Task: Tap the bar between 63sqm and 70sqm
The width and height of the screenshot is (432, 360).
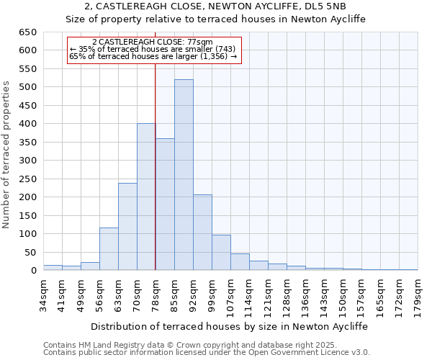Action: (127, 227)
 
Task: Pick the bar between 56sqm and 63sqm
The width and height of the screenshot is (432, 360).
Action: (109, 249)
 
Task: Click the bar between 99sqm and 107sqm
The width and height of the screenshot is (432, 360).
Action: (221, 253)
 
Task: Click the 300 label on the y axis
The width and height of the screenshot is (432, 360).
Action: (27, 161)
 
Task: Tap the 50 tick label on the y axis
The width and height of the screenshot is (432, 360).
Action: (30, 253)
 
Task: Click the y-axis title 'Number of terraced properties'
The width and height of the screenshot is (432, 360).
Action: (6, 155)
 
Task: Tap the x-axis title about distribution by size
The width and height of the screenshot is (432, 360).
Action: (229, 326)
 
